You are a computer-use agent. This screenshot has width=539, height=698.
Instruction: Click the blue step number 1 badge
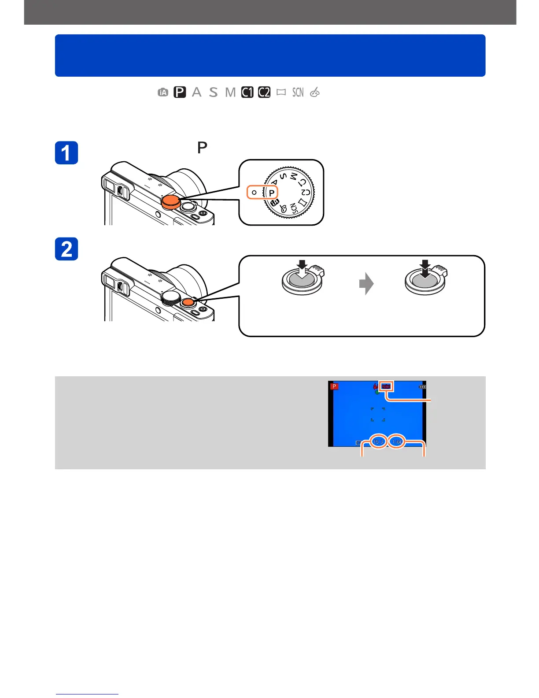click(66, 153)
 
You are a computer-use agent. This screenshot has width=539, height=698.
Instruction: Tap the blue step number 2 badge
click(66, 249)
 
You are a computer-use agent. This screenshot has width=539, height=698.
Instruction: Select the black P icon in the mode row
click(180, 92)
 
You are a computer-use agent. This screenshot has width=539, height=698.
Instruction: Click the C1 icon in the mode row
click(247, 92)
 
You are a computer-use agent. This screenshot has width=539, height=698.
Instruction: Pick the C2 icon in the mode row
click(264, 92)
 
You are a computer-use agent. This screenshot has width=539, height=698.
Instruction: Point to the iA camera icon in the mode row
click(163, 93)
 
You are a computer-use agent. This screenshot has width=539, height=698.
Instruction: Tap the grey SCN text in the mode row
click(298, 92)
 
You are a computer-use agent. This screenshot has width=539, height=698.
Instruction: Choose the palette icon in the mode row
click(314, 92)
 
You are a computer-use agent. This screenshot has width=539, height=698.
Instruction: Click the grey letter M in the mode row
click(230, 92)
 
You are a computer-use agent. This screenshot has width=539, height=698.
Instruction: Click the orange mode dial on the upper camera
click(170, 202)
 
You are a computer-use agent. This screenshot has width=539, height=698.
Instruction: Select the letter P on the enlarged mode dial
click(272, 193)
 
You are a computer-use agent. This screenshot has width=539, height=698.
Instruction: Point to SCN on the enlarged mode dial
click(293, 208)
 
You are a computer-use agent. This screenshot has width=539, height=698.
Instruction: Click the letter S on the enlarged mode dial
click(283, 176)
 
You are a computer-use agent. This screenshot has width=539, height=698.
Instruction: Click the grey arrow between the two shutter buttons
click(366, 284)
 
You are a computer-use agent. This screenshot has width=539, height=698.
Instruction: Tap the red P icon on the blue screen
click(334, 386)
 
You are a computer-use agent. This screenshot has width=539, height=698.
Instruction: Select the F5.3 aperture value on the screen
click(378, 442)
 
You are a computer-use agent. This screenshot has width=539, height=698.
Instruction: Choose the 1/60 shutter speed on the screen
click(397, 442)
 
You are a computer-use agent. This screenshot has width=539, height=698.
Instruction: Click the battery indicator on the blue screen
click(423, 386)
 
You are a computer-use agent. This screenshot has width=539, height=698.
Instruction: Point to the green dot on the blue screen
click(377, 392)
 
